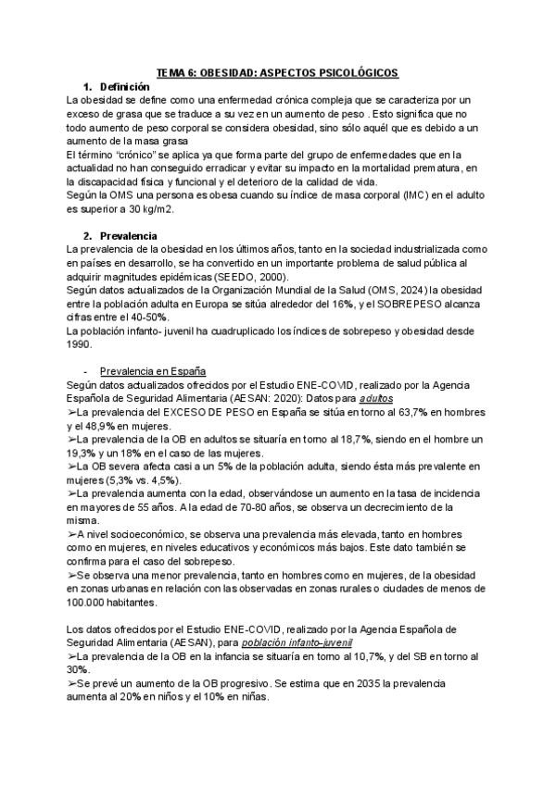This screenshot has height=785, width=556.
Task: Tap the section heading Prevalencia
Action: (128, 235)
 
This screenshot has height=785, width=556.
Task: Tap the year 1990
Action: (81, 343)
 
